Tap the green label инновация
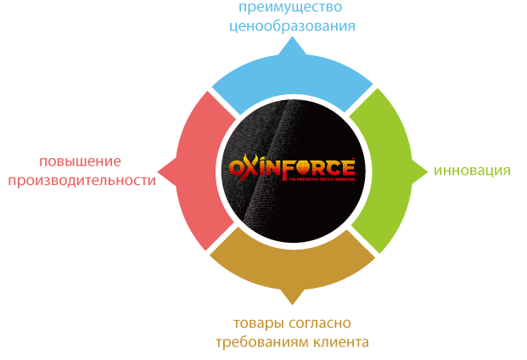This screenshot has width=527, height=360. (x=471, y=171)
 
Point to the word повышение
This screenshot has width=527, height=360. (x=81, y=161)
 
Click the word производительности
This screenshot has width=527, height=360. (x=81, y=179)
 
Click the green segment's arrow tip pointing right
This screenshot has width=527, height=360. (x=426, y=171)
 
